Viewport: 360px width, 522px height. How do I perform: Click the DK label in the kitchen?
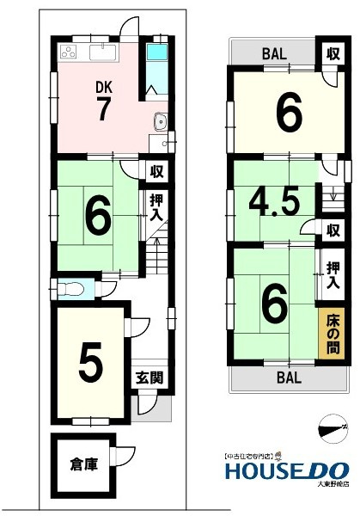point(102,87)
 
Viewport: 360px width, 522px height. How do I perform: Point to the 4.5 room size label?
point(274,202)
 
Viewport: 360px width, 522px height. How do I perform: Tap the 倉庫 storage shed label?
point(83,464)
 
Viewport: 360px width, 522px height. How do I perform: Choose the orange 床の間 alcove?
point(333,334)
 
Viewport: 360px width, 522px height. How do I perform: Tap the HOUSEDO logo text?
point(286,470)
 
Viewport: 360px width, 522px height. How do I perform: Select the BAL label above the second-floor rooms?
point(275,52)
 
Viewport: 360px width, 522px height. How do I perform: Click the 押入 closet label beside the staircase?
point(156,207)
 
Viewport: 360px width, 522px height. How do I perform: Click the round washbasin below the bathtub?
point(159,120)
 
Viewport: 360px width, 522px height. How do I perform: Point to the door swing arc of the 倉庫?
point(127,454)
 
